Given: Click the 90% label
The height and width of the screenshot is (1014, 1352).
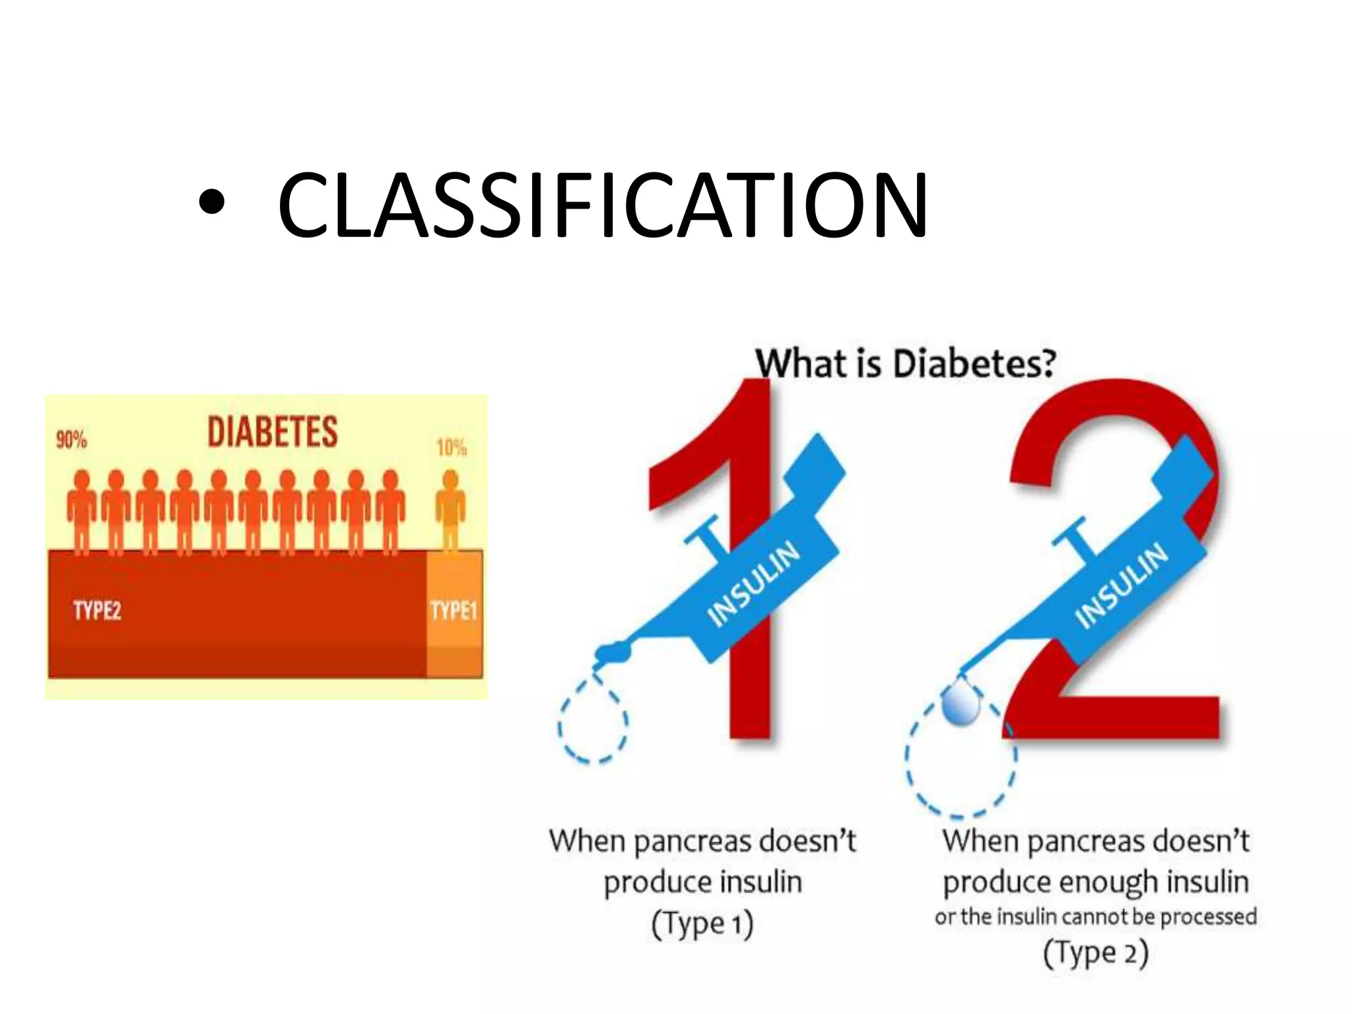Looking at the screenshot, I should point(71,440).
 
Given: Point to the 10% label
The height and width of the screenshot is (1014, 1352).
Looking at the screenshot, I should point(451,448).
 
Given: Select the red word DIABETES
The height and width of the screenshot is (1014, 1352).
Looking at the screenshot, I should point(272,432).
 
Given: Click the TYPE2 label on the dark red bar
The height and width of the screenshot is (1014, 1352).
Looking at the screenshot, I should point(97,610).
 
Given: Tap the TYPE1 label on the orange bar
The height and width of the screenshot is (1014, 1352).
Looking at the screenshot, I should point(454,610).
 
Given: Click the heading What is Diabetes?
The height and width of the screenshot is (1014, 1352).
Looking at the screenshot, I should point(905,364).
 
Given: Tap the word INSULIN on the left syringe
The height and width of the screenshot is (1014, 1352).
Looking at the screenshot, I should point(753,584).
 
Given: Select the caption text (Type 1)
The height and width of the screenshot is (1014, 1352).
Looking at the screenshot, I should point(702,924).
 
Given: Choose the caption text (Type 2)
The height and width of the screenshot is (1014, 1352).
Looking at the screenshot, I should point(1095,953).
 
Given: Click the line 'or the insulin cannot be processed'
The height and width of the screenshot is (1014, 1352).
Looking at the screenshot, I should point(1095,917).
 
